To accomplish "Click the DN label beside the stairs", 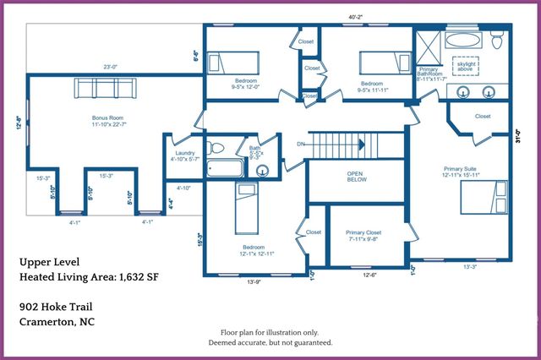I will (x=301, y=145).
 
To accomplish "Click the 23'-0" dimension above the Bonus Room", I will (x=110, y=67).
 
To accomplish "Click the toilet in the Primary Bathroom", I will (x=498, y=41).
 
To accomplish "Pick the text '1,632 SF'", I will (x=137, y=276).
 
